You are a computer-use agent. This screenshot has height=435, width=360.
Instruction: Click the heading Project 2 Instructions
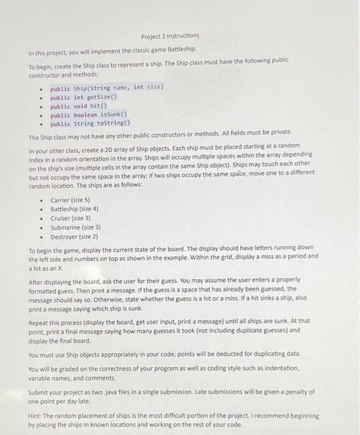(170, 35)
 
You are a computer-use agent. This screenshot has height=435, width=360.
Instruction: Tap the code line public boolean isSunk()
(88, 114)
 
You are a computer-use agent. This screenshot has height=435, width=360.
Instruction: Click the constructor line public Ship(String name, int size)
(106, 88)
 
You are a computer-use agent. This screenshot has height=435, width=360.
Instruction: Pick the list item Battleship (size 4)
(74, 209)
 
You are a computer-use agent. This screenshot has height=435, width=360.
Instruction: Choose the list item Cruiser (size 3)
(70, 218)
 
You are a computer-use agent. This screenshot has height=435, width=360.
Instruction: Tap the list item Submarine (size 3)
(75, 227)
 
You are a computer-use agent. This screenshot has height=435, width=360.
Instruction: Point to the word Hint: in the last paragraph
(37, 416)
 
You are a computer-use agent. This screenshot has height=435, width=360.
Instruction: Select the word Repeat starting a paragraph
(40, 322)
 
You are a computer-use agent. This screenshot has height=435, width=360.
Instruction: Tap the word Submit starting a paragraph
(40, 392)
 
